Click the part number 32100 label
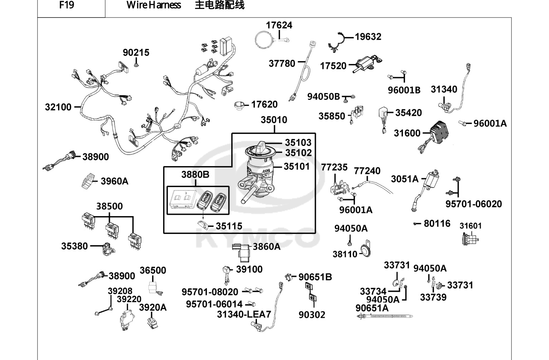click(x=58, y=107)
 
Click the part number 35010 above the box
click(x=274, y=120)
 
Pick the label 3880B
click(x=195, y=175)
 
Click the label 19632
click(x=368, y=37)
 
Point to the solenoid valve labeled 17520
click(x=367, y=64)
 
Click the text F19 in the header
click(x=67, y=5)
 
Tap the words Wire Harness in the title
click(x=154, y=5)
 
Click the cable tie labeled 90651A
click(x=384, y=316)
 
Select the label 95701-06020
click(x=473, y=204)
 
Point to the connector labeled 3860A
click(x=242, y=252)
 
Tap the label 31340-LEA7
click(x=244, y=314)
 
